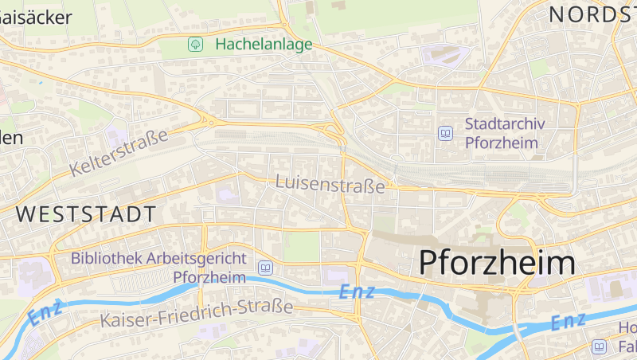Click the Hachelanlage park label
pyautogui.click(x=264, y=45)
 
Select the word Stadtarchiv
pyautogui.click(x=504, y=124)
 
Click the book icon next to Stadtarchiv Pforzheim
pyautogui.click(x=445, y=133)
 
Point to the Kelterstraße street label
pyautogui.click(x=119, y=152)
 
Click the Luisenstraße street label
pyautogui.click(x=330, y=183)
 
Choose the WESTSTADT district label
pyautogui.click(x=85, y=214)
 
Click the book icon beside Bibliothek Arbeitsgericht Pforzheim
pyautogui.click(x=265, y=268)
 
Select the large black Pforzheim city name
pyautogui.click(x=497, y=263)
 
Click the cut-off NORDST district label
pyautogui.click(x=592, y=14)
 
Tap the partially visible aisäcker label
pyautogui.click(x=36, y=17)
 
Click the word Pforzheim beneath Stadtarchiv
pyautogui.click(x=501, y=143)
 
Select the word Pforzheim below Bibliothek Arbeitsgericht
pyautogui.click(x=209, y=277)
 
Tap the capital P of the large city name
pyautogui.click(x=429, y=263)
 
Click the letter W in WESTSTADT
pyautogui.click(x=26, y=214)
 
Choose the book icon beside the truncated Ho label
pyautogui.click(x=599, y=346)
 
